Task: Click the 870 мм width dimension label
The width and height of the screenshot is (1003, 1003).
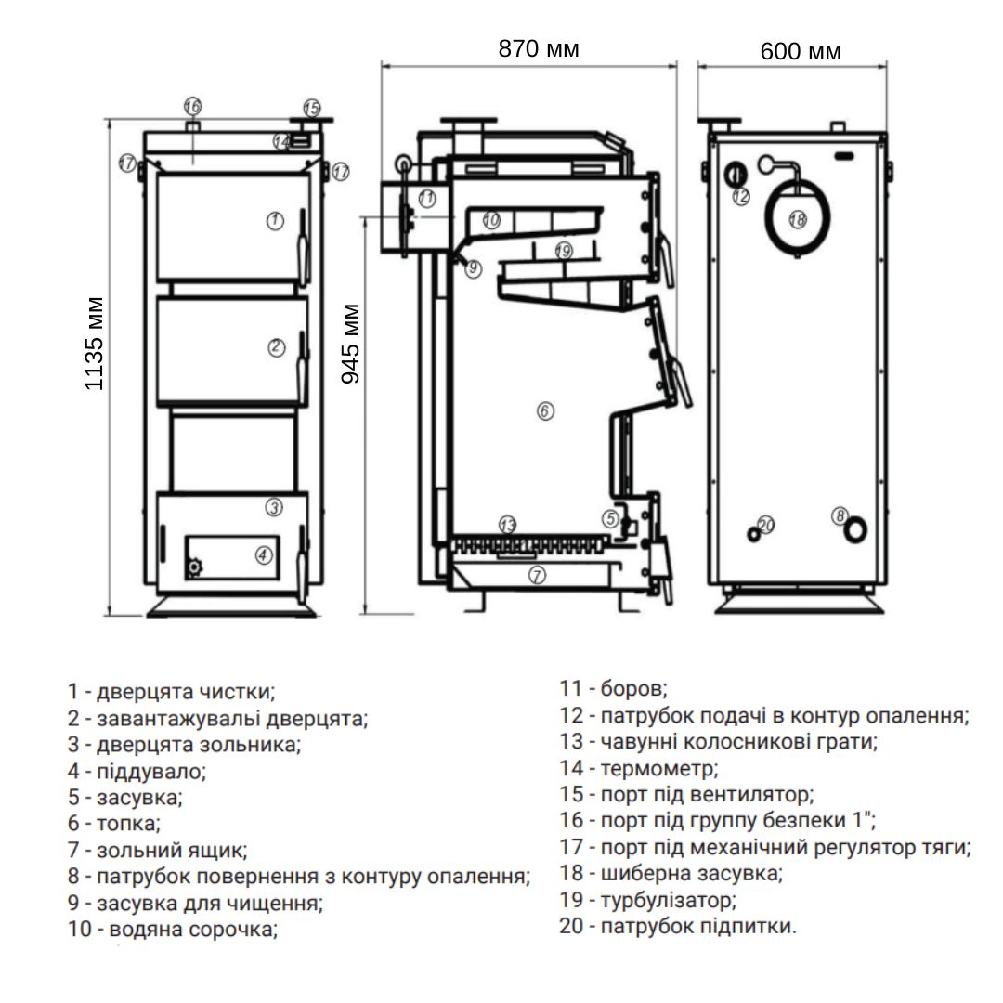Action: [539, 49]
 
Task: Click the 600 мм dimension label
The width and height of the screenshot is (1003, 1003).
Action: [801, 51]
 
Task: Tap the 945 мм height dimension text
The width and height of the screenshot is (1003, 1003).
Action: [351, 345]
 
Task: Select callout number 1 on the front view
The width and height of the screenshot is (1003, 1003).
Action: [274, 220]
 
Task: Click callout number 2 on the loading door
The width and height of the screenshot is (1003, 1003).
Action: [276, 347]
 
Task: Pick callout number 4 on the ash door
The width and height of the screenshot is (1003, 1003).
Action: [264, 554]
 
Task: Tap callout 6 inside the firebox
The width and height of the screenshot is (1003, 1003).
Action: [545, 410]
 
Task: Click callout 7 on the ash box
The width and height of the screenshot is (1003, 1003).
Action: [537, 575]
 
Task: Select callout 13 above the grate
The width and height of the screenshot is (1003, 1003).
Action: [506, 525]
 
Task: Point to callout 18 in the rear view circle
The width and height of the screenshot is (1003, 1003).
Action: [797, 219]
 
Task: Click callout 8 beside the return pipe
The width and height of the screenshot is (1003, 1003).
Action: [840, 515]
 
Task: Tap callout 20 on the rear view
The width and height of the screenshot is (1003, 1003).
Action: [765, 525]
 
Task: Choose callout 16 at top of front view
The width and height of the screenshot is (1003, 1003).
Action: [192, 106]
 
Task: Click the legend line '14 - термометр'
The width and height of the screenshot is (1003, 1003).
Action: [640, 768]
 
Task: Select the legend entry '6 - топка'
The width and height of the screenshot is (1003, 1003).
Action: [114, 823]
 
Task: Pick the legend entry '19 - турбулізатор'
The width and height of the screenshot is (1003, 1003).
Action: [648, 900]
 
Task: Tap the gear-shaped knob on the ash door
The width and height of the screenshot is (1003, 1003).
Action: [194, 567]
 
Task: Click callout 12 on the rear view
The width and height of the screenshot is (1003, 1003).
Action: [740, 196]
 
